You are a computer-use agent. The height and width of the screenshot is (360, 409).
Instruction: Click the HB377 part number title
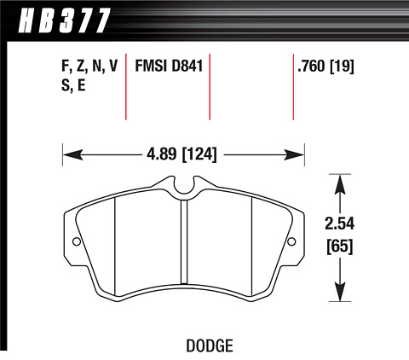pyautogui.click(x=64, y=20)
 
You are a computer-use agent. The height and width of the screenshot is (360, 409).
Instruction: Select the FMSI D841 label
pyautogui.click(x=169, y=67)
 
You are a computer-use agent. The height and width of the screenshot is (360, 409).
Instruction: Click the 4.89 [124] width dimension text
pyautogui.click(x=181, y=155)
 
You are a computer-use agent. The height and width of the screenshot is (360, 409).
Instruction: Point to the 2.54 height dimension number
pyautogui.click(x=340, y=224)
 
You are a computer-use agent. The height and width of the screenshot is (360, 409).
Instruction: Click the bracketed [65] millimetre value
pyautogui.click(x=340, y=247)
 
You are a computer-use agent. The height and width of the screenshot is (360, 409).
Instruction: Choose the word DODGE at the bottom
pyautogui.click(x=210, y=345)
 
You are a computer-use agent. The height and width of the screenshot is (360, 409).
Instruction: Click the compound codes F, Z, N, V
pyautogui.click(x=89, y=67)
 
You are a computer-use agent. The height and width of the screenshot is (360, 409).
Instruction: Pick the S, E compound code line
pyautogui.click(x=73, y=84)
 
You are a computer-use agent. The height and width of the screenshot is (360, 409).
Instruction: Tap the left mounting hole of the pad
pyautogui.click(x=77, y=241)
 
